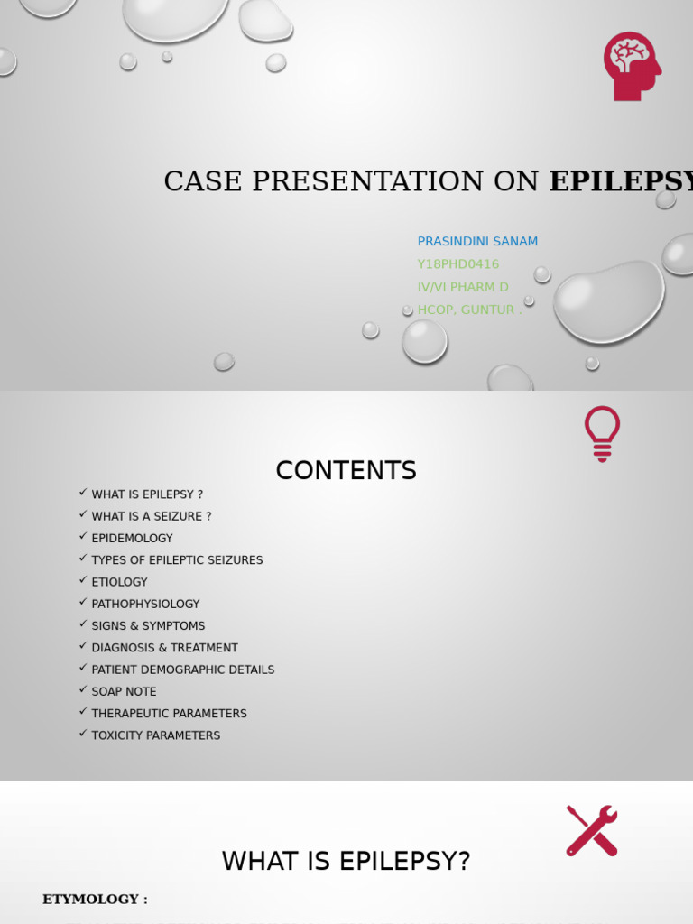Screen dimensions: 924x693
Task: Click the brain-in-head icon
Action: click(632, 66)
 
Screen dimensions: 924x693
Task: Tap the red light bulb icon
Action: click(602, 433)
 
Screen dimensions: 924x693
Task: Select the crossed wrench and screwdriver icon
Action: click(592, 830)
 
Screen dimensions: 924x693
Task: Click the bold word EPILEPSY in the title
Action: click(621, 181)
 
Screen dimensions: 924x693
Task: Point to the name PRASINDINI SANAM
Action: click(477, 241)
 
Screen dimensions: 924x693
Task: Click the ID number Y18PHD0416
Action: click(457, 263)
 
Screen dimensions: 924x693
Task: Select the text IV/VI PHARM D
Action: click(463, 287)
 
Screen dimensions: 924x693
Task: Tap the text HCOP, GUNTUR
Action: click(467, 310)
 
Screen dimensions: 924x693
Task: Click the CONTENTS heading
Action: click(346, 470)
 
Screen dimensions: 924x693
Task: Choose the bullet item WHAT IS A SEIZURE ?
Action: click(152, 516)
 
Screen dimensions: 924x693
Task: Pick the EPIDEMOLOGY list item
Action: click(132, 538)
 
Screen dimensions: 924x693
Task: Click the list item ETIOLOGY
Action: click(119, 582)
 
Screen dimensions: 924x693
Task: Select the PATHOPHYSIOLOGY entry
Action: click(145, 604)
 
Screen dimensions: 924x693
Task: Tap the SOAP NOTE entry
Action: click(124, 691)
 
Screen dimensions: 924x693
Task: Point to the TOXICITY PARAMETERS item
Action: click(155, 735)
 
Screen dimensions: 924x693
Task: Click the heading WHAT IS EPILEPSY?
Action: click(346, 862)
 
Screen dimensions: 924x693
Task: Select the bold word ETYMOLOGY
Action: click(90, 899)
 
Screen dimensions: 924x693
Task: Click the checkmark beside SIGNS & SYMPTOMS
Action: click(83, 624)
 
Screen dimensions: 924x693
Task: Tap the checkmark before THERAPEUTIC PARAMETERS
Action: click(83, 712)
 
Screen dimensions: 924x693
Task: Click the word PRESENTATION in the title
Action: click(367, 181)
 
